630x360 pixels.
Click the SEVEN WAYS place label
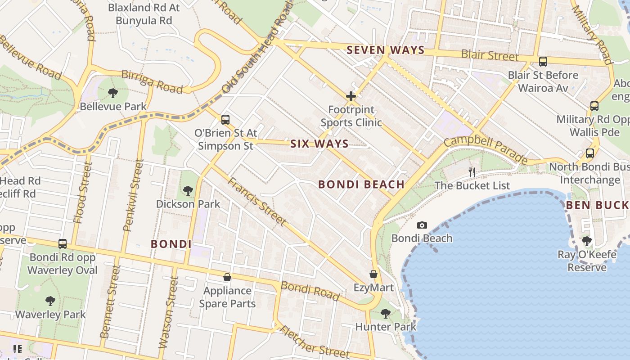pos(386,50)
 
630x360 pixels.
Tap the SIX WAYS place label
pos(319,144)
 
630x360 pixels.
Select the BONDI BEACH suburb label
pos(361,184)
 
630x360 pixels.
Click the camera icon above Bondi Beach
pos(422,225)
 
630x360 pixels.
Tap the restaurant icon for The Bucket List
pos(472,172)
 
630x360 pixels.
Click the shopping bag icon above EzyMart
pos(373,274)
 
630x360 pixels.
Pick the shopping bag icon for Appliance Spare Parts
pos(227,277)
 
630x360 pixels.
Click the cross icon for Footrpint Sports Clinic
pos(351,96)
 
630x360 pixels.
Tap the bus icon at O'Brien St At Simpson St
pos(225,120)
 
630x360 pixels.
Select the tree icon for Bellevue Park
pos(113,93)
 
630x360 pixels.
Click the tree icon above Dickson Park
pos(188,190)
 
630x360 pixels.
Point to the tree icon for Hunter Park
pos(385,313)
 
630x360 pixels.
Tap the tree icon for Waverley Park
pos(50,301)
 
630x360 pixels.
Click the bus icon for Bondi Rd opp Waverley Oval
pos(63,244)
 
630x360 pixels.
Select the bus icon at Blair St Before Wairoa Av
pos(543,62)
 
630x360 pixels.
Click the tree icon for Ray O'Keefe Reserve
pos(586,241)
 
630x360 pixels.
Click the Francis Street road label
pos(256,201)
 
